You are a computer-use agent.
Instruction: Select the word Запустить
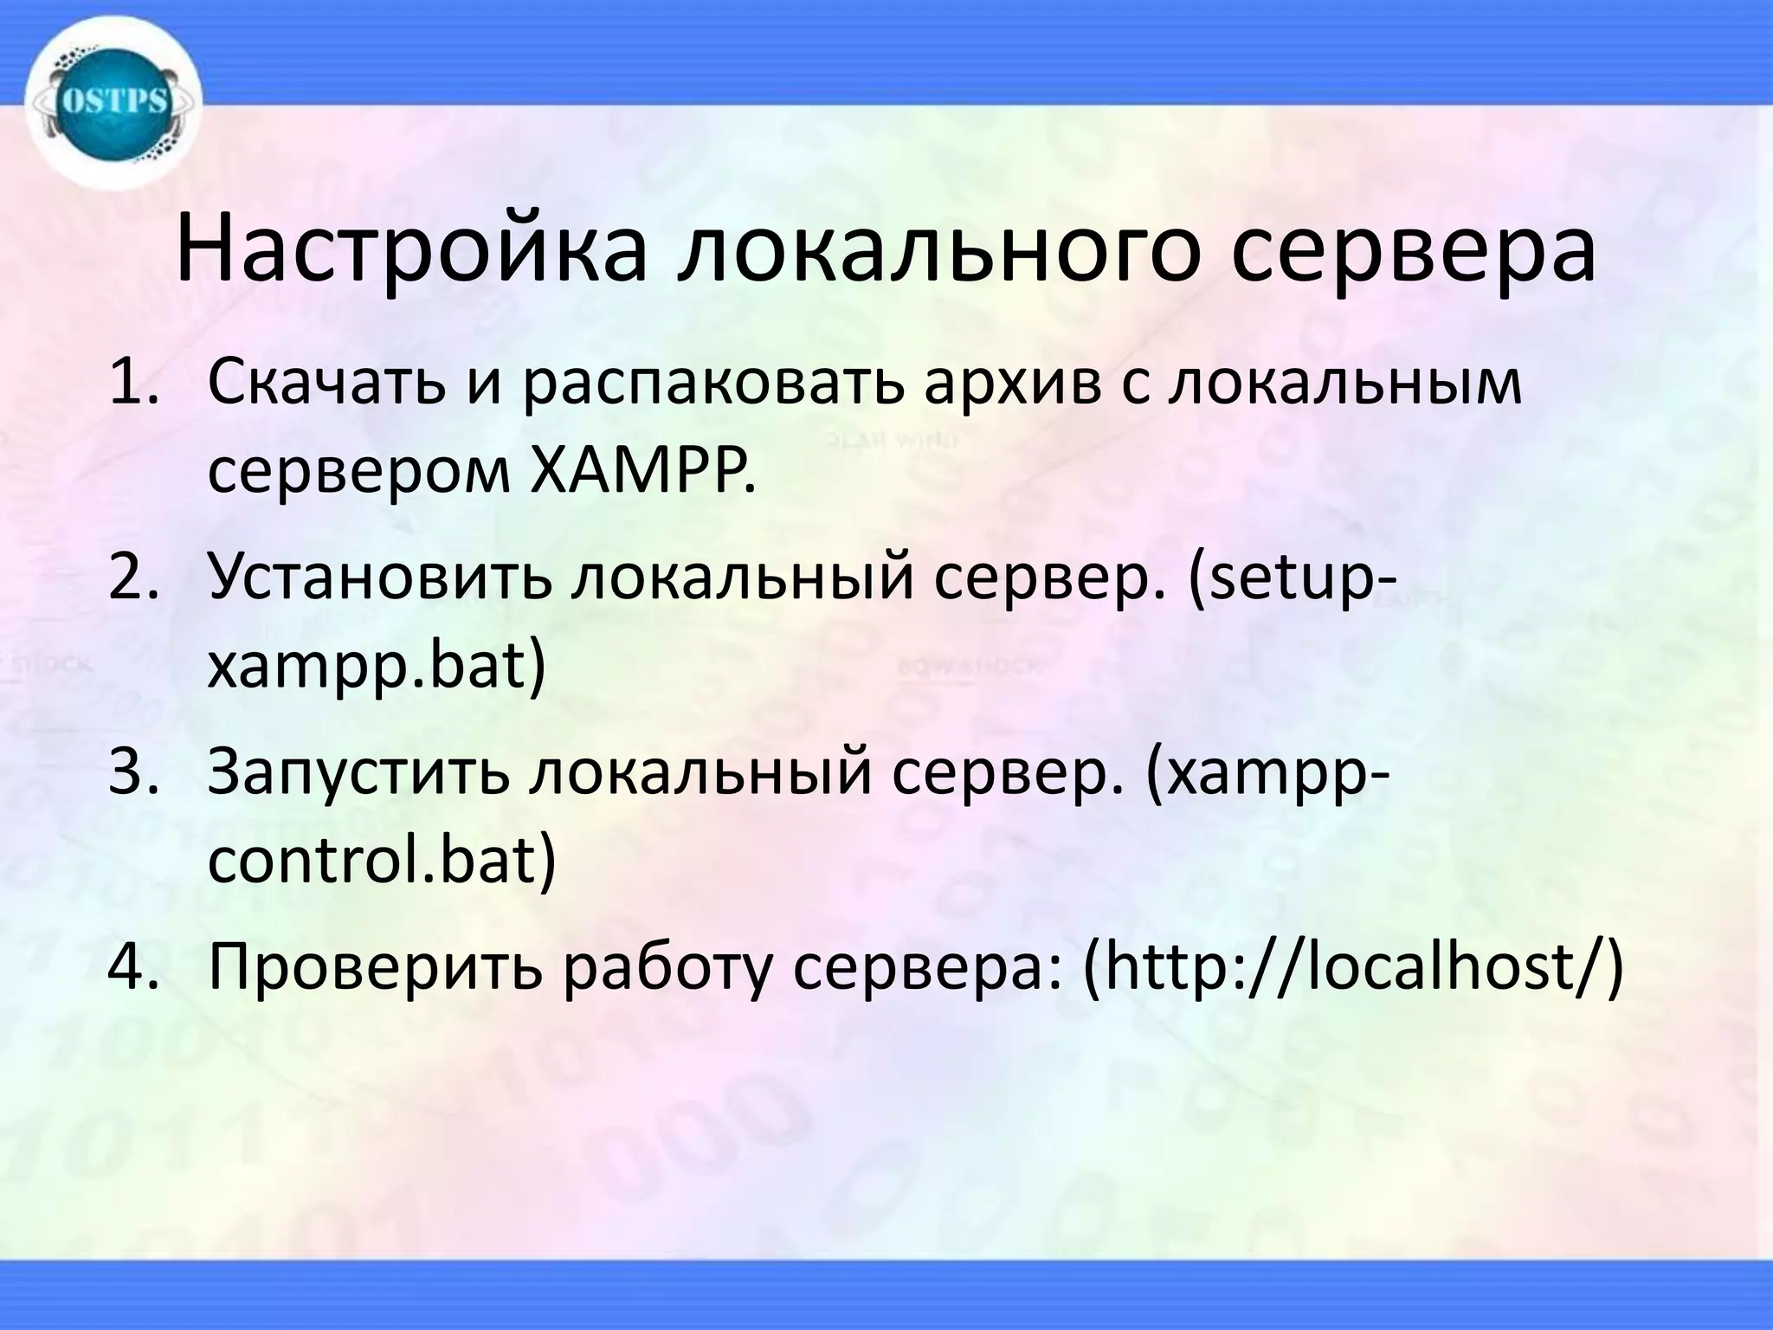coord(358,773)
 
